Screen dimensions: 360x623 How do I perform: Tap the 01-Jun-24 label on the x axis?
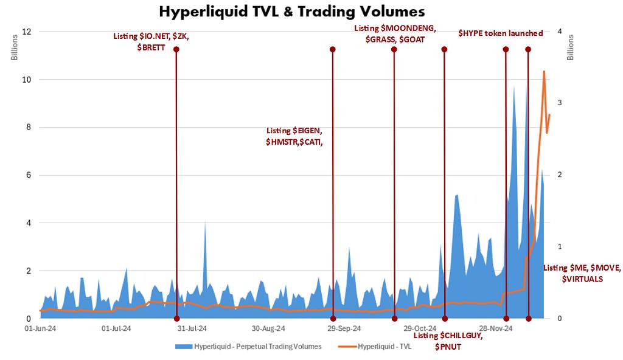[40, 328]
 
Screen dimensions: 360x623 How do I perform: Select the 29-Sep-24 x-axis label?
[344, 328]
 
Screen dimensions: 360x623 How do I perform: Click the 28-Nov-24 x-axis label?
[496, 328]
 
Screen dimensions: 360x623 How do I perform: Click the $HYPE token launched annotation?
[500, 33]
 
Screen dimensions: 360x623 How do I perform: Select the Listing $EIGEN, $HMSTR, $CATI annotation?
[295, 136]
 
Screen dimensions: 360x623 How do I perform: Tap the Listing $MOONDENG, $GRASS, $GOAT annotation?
[395, 33]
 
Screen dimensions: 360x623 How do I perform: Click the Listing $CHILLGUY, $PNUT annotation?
[447, 341]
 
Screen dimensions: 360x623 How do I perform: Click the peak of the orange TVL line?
[544, 71]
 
